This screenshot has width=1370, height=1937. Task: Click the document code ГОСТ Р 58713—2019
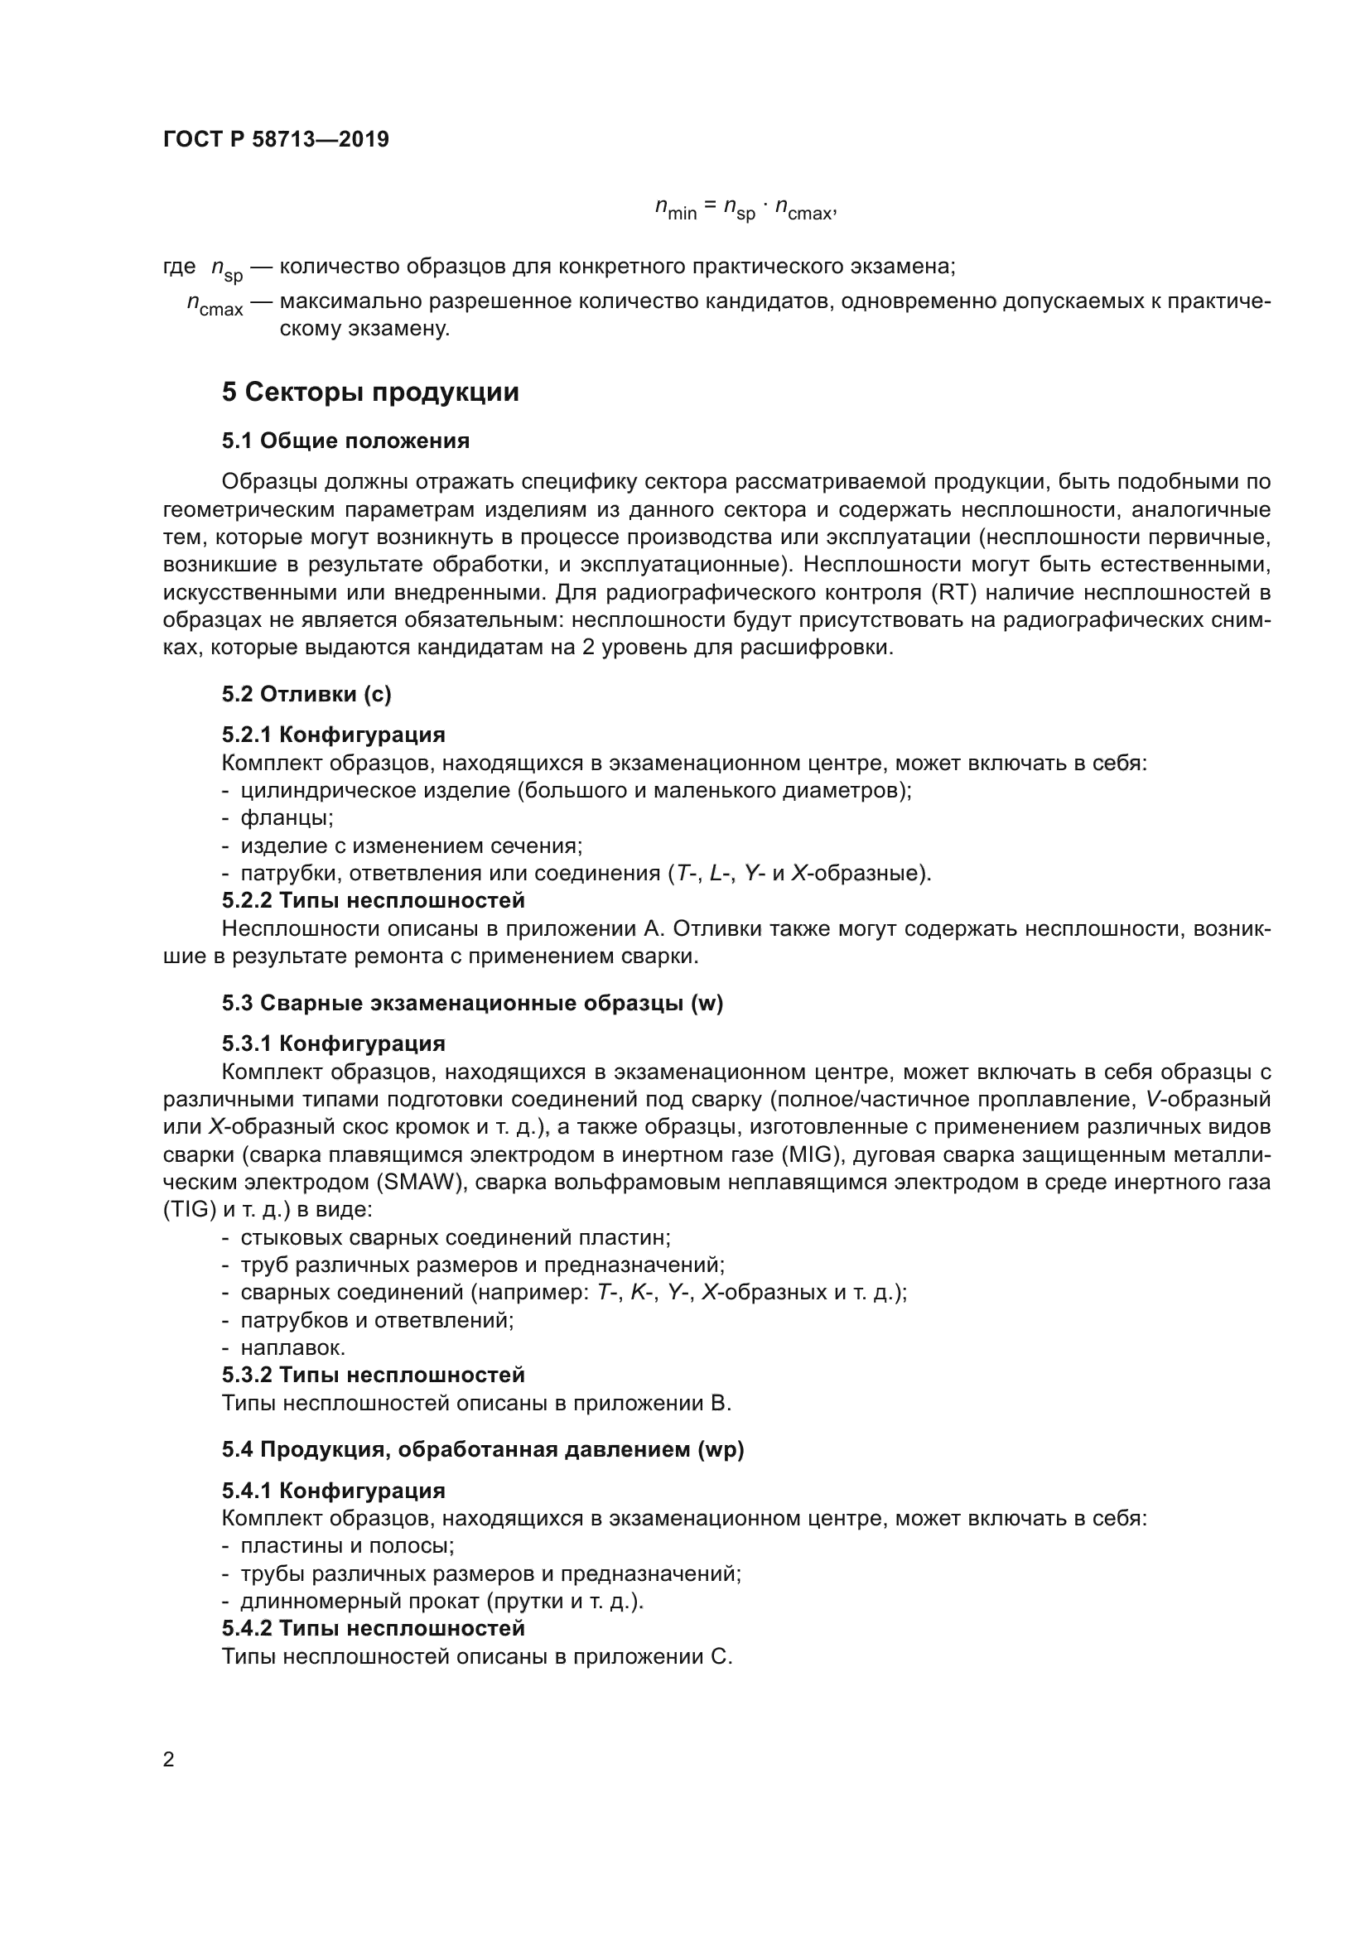click(276, 139)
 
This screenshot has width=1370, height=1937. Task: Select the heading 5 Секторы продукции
click(370, 393)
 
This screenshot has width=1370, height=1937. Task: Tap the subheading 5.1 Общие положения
click(346, 441)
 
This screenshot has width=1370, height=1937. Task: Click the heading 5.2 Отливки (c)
click(307, 693)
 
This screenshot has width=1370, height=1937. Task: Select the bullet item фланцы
click(287, 817)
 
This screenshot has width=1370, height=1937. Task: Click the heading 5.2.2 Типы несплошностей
click(373, 900)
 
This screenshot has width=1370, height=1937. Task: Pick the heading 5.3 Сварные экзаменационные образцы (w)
click(472, 1003)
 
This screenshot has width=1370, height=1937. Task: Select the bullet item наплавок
click(292, 1347)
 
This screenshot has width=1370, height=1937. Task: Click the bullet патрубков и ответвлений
click(377, 1320)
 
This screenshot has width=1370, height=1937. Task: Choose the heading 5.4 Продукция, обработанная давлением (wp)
click(483, 1449)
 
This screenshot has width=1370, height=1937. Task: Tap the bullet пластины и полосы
click(347, 1545)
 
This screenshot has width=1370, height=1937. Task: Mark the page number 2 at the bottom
click(169, 1759)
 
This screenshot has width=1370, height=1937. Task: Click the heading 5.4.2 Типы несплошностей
click(373, 1628)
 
